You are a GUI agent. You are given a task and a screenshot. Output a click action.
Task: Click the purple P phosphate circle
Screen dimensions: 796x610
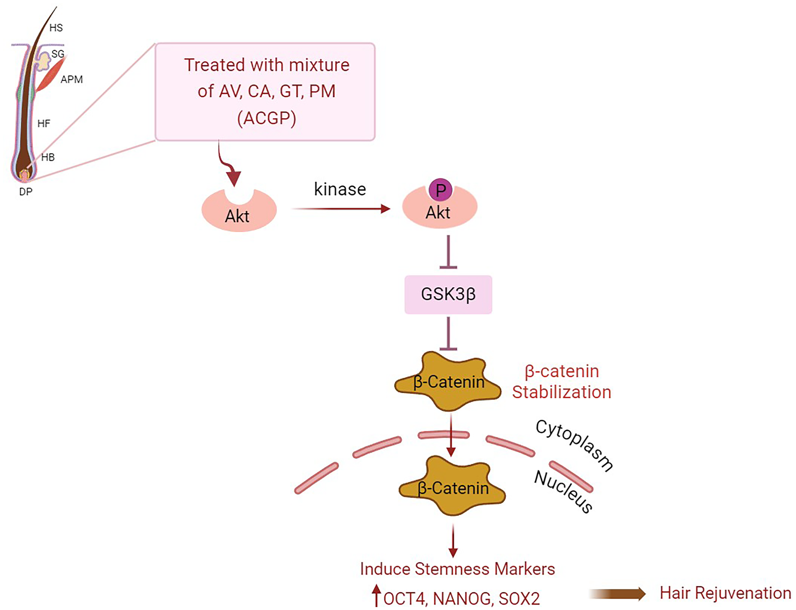point(440,190)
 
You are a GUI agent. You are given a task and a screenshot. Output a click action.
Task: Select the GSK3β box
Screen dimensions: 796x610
point(448,294)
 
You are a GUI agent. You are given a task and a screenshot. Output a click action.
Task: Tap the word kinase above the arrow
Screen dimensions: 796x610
point(340,189)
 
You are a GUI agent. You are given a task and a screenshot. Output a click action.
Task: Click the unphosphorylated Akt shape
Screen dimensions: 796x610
point(239,210)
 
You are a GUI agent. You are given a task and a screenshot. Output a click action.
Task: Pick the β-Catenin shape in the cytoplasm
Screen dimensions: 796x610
point(448,381)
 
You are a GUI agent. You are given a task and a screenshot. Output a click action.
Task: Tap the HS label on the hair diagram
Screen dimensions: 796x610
point(56,28)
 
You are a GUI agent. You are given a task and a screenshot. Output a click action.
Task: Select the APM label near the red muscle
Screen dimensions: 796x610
point(72,79)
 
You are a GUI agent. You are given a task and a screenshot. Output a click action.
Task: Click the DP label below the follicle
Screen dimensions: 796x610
point(26,191)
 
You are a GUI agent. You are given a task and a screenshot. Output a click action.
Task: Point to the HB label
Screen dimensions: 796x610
point(48,157)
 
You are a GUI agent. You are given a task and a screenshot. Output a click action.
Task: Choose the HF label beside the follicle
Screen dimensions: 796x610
point(44,123)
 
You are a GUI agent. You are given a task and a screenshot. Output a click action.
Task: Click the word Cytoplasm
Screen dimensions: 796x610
point(574,445)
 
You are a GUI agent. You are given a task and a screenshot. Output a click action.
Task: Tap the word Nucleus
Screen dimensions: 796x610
point(563,492)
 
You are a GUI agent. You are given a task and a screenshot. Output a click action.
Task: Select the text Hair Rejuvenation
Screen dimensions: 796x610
point(725,593)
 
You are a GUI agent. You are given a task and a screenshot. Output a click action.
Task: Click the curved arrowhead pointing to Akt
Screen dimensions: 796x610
point(234,178)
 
